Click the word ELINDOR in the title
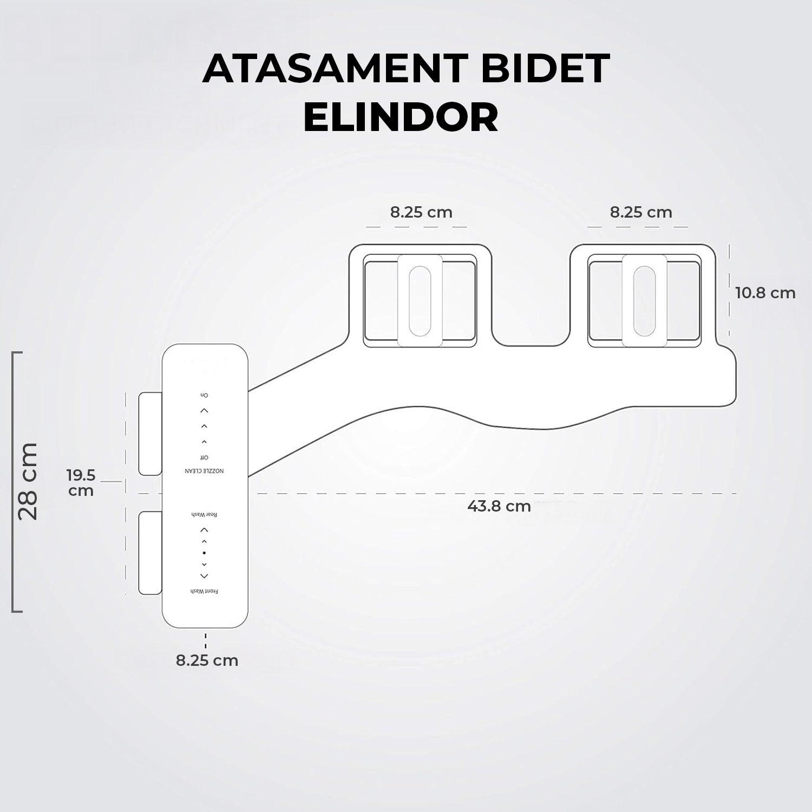click(401, 117)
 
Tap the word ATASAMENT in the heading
click(335, 69)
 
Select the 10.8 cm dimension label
click(765, 293)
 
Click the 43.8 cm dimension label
click(499, 507)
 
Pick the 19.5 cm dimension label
click(81, 483)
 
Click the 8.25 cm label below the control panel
click(207, 660)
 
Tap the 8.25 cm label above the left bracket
click(421, 212)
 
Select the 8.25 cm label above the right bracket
click(641, 212)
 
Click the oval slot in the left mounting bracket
click(420, 300)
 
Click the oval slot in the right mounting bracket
click(644, 300)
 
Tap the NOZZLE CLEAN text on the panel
click(205, 471)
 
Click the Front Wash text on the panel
click(204, 591)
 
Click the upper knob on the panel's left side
click(150, 434)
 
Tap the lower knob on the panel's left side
click(150, 553)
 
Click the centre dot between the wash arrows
click(204, 553)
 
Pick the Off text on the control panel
click(204, 457)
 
